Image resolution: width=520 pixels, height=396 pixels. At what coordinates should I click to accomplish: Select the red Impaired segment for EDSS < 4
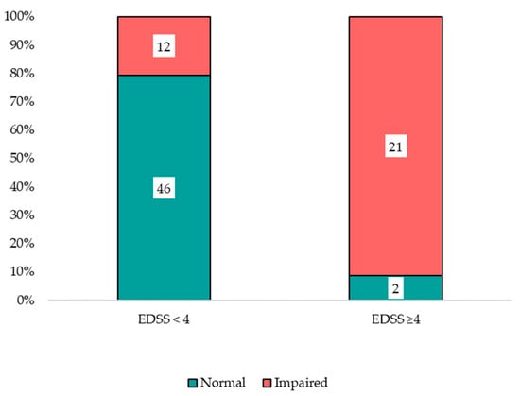[164, 33]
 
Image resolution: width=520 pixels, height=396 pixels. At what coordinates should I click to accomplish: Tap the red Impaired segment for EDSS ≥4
[395, 95]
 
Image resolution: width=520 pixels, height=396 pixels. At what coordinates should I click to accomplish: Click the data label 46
[164, 190]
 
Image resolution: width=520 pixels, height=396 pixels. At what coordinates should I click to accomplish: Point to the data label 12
[164, 45]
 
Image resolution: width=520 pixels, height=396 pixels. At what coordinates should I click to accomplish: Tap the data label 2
[395, 287]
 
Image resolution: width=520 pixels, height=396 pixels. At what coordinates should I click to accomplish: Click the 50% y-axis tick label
[22, 159]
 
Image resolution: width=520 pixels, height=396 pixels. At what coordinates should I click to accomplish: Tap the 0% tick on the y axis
[25, 301]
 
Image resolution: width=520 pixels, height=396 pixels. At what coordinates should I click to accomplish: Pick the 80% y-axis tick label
[22, 74]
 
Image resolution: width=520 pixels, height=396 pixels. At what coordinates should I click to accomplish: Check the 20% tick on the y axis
[22, 244]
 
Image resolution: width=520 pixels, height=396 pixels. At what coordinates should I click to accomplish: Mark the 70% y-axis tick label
[22, 102]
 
